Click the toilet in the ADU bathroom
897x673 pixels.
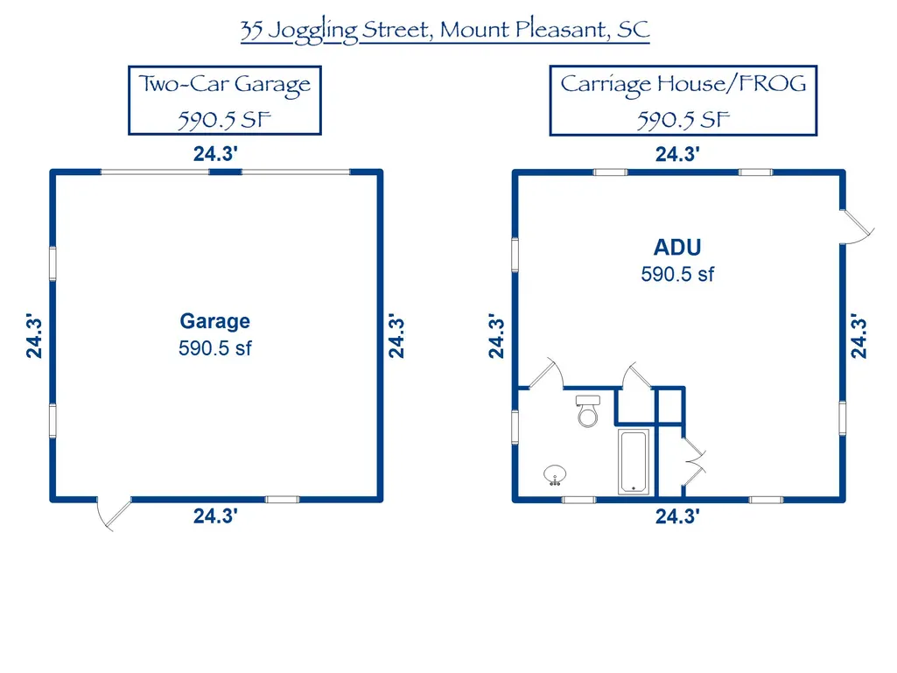(587, 411)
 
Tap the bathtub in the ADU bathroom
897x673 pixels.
(634, 461)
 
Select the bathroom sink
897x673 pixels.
(555, 475)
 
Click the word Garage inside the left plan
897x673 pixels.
(215, 321)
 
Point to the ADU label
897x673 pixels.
(677, 248)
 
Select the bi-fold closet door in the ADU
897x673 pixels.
(695, 461)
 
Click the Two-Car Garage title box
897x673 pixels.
(225, 101)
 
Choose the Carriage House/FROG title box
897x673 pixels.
(683, 101)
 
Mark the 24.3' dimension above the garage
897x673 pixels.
(215, 154)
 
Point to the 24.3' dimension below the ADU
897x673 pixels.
(677, 516)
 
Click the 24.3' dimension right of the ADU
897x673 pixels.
(858, 336)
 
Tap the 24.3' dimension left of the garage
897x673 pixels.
(34, 336)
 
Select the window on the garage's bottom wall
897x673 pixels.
(282, 500)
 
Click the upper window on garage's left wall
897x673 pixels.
(53, 263)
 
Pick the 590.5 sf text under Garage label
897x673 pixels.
(215, 348)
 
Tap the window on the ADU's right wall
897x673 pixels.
(843, 418)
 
